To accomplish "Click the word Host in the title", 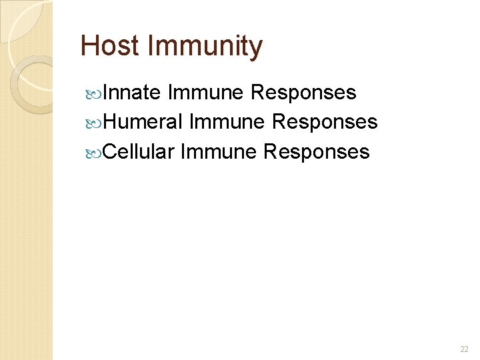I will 110,46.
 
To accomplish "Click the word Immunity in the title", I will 205,46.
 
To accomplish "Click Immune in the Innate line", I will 206,93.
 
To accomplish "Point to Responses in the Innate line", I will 303,93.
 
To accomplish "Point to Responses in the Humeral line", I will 325,122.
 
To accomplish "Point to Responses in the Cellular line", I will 316,151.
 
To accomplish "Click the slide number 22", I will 464,349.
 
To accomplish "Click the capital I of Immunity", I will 151,46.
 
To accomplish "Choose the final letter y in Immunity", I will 257,48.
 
